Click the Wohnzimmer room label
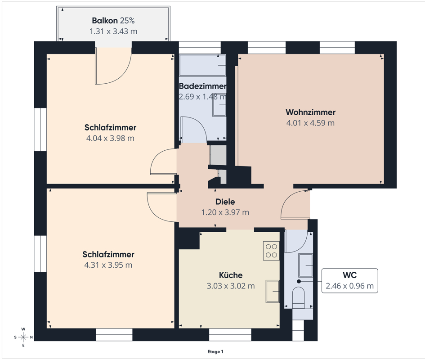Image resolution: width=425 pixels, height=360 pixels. click(x=310, y=112)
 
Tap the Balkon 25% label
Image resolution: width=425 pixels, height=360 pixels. click(x=113, y=21)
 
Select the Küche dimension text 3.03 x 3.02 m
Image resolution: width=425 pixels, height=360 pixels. click(x=231, y=286)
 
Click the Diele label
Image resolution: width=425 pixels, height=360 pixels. click(x=225, y=202)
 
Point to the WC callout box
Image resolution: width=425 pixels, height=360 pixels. click(x=349, y=280)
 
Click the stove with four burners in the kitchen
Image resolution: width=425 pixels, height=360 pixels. click(x=271, y=251)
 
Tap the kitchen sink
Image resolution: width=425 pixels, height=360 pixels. click(x=273, y=291)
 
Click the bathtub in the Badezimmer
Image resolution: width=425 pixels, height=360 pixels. click(x=203, y=65)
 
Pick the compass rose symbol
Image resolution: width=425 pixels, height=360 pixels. click(x=23, y=337)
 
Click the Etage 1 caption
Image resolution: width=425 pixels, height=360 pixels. click(x=215, y=352)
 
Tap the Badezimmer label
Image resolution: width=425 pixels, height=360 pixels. click(x=202, y=86)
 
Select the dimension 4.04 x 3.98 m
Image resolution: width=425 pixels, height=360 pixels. click(x=110, y=138)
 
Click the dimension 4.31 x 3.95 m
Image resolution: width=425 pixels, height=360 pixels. click(x=108, y=265)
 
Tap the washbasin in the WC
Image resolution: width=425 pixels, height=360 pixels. click(x=305, y=265)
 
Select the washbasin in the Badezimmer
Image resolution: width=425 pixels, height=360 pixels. click(x=219, y=105)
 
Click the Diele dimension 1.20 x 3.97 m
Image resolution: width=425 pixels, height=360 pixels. click(x=225, y=212)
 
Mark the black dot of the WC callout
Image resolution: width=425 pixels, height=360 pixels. click(x=299, y=281)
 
